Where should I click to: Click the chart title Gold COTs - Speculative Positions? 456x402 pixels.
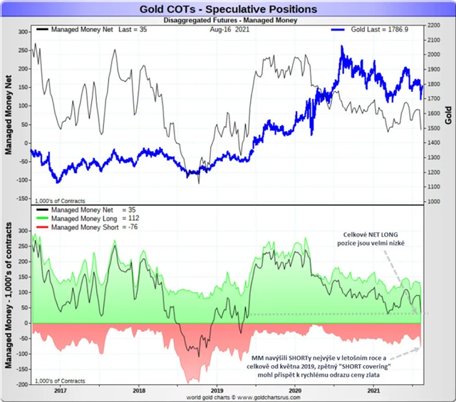pyautogui.click(x=229, y=9)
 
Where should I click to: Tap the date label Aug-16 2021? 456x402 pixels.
pyautogui.click(x=229, y=31)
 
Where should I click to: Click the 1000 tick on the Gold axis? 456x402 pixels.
pyautogui.click(x=432, y=202)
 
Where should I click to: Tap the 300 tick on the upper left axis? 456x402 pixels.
pyautogui.click(x=21, y=31)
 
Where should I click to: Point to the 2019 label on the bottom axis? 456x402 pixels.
pyautogui.click(x=217, y=390)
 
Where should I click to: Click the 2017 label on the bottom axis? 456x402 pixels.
pyautogui.click(x=60, y=390)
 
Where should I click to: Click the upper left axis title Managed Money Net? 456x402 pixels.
pyautogui.click(x=9, y=114)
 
